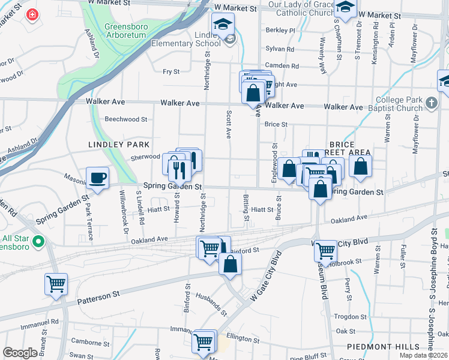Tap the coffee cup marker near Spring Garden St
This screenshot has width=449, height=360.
tap(98, 178)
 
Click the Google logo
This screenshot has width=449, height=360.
tap(20, 353)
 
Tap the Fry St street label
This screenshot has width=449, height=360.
tap(171, 72)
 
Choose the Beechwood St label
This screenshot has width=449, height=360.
tap(126, 119)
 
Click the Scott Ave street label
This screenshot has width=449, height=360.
tap(229, 124)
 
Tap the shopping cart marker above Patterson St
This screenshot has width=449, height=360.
tap(56, 284)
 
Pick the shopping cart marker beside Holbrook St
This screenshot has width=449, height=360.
tap(325, 251)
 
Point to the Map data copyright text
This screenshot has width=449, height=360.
tap(424, 355)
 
